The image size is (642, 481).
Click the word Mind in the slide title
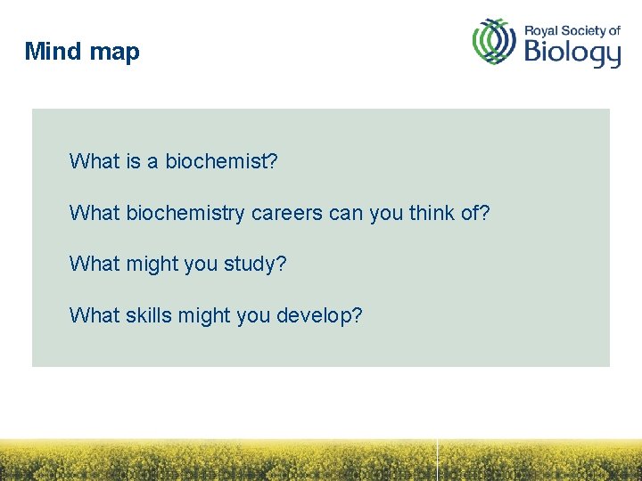click(x=53, y=52)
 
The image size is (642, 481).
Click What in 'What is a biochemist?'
click(x=94, y=161)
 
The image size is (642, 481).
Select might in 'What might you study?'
click(x=154, y=265)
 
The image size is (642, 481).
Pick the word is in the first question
click(x=133, y=161)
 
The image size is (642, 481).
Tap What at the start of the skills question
click(x=94, y=316)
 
